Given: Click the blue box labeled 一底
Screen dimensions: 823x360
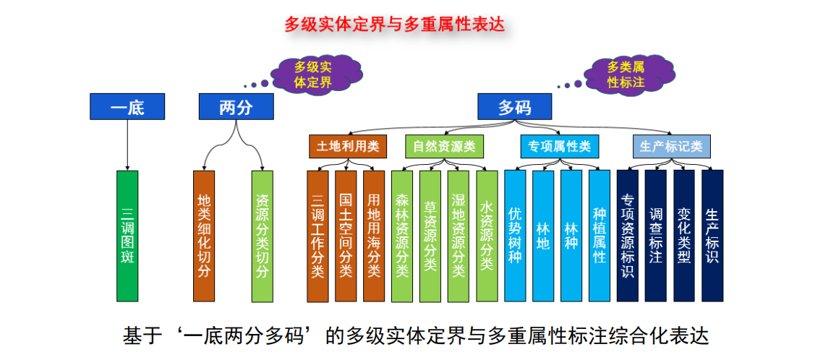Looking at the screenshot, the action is point(127,106).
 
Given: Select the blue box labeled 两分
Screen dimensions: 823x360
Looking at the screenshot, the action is point(236,106).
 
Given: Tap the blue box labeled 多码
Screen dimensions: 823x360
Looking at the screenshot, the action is point(514,106).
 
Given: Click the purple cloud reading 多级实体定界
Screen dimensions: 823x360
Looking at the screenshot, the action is point(313,74).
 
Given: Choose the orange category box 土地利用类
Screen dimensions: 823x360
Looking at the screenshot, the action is point(347,147).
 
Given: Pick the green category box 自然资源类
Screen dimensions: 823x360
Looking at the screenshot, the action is point(444,147).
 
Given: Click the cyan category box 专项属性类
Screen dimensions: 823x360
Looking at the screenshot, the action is point(560,147).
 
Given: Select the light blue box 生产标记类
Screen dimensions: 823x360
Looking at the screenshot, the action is point(672,147).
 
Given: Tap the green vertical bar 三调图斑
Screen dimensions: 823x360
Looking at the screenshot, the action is point(127,236).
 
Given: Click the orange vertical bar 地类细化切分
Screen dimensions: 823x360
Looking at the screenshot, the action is point(204,236).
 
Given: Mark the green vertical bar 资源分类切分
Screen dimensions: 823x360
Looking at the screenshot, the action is point(262,236).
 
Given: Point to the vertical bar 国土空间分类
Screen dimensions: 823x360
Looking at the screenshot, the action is point(346,236).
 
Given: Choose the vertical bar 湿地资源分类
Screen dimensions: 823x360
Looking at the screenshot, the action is point(459,236).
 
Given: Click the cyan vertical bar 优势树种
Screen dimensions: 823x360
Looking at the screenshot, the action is point(515,236).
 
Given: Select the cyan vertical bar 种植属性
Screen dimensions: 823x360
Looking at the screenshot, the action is point(600,236).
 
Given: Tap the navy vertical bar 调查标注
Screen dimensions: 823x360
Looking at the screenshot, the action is point(655,236).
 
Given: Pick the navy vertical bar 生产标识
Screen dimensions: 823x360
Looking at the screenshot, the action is point(712,236).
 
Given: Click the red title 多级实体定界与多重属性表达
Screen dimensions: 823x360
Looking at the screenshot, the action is point(394,24).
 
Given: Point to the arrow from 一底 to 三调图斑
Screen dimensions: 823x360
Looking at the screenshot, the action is point(127,145).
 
